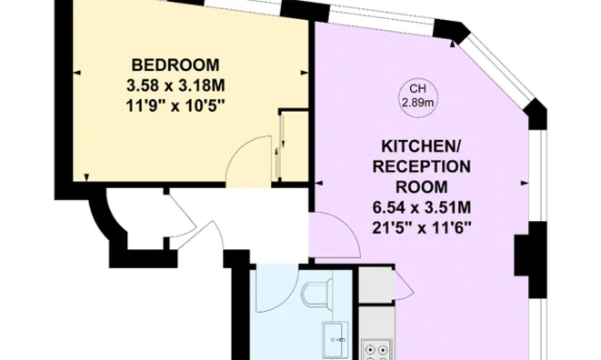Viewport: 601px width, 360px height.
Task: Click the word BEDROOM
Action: (x=175, y=65)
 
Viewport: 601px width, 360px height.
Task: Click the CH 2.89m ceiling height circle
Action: (x=417, y=95)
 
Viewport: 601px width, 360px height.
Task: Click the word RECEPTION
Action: (x=425, y=166)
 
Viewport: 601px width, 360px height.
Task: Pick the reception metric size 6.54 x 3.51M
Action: (x=425, y=206)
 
